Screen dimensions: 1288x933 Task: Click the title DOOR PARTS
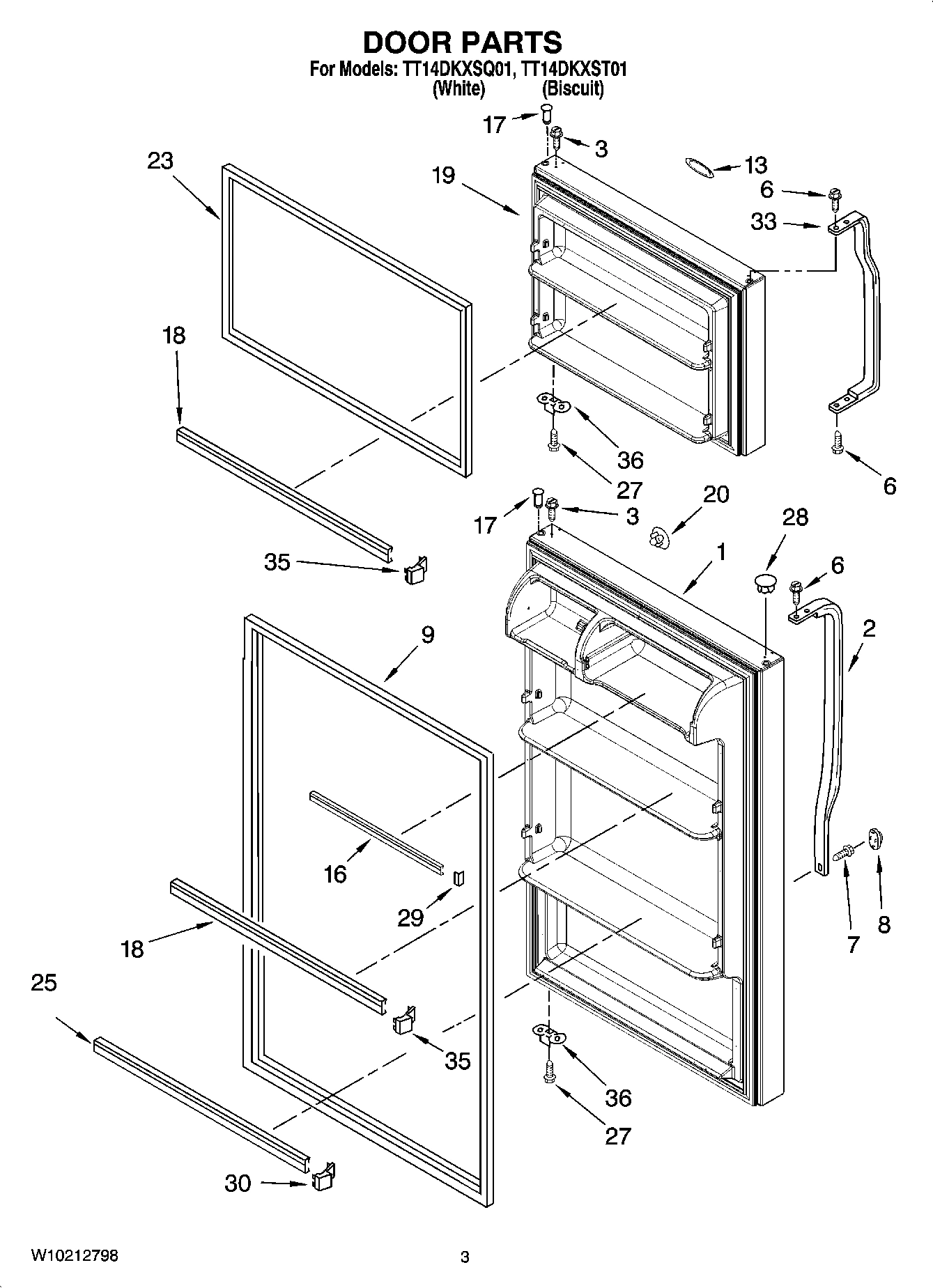(463, 42)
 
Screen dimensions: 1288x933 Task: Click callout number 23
(160, 161)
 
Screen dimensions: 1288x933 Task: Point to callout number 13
(755, 165)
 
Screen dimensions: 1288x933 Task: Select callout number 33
(764, 222)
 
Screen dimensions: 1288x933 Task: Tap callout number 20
(716, 495)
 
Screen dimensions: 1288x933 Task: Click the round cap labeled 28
(766, 582)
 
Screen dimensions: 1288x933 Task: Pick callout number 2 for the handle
(869, 629)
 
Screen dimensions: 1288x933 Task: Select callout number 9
(427, 635)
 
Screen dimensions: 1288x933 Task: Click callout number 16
(335, 873)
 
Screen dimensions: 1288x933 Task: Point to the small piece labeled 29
(458, 878)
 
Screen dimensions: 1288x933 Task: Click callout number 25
(44, 983)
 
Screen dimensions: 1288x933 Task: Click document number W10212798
(74, 1256)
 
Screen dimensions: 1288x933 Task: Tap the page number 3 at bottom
(465, 1257)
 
